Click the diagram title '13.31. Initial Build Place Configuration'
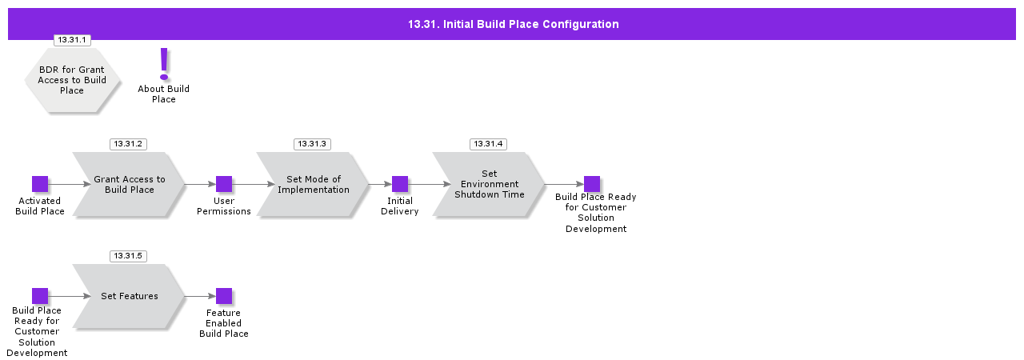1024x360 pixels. click(513, 24)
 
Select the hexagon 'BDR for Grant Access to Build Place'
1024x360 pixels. click(72, 80)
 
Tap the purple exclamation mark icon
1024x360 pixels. click(164, 63)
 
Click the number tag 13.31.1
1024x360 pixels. click(72, 39)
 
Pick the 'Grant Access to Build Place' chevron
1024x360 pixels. click(128, 184)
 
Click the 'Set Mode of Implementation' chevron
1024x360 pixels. click(312, 184)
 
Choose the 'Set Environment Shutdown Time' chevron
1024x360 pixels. click(488, 184)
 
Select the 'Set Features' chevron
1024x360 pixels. click(128, 296)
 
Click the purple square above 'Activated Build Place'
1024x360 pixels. click(40, 184)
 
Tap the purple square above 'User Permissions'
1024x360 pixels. click(224, 184)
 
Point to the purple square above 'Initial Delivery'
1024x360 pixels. click(400, 184)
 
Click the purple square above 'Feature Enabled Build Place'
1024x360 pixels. click(224, 296)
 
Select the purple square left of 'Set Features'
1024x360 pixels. click(40, 296)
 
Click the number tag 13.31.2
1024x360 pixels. click(128, 144)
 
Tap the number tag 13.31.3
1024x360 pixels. click(312, 144)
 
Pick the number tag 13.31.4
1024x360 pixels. click(488, 144)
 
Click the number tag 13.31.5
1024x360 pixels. click(128, 256)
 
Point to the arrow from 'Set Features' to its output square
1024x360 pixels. click(200, 296)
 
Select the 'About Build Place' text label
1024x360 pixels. click(164, 94)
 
